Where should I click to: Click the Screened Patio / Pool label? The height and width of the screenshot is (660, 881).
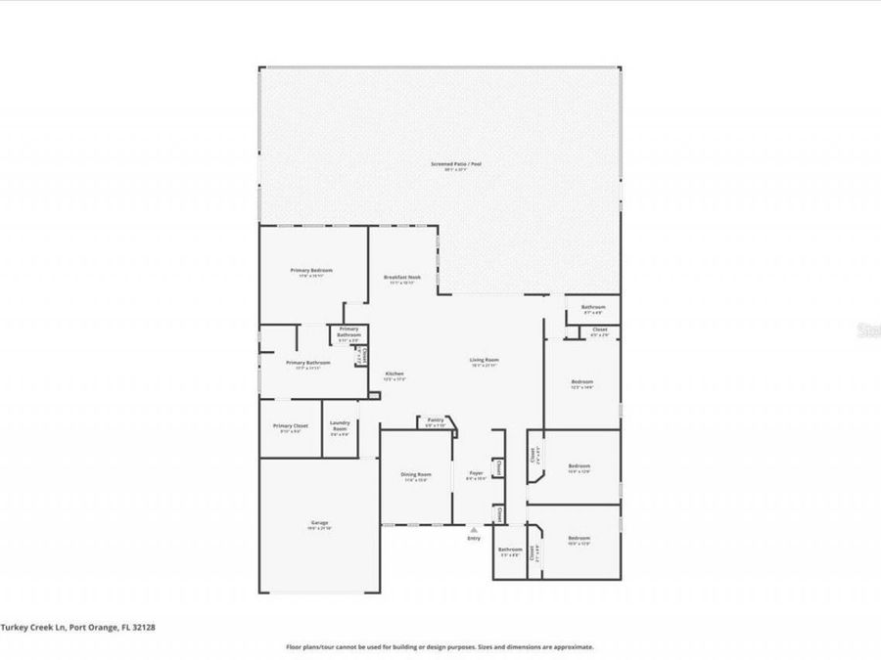coord(456,164)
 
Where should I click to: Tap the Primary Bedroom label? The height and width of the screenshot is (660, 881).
coord(311,271)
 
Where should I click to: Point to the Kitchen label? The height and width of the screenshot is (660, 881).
coord(394,374)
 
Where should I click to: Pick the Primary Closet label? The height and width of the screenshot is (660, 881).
coord(291,426)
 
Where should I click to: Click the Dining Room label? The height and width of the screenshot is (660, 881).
coord(416,475)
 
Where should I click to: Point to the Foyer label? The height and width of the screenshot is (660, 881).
coord(476,475)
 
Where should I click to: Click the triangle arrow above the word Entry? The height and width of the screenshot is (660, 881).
coord(474,529)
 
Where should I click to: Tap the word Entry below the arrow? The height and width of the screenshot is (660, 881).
coord(474,538)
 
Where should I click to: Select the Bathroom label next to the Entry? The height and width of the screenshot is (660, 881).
coord(509,550)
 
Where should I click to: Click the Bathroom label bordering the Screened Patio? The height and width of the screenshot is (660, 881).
coord(593,307)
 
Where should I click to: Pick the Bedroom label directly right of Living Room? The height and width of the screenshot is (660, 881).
coord(582,382)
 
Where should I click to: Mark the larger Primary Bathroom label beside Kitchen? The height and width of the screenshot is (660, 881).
coord(307,363)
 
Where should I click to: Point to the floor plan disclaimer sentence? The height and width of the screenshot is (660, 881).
coord(440,646)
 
